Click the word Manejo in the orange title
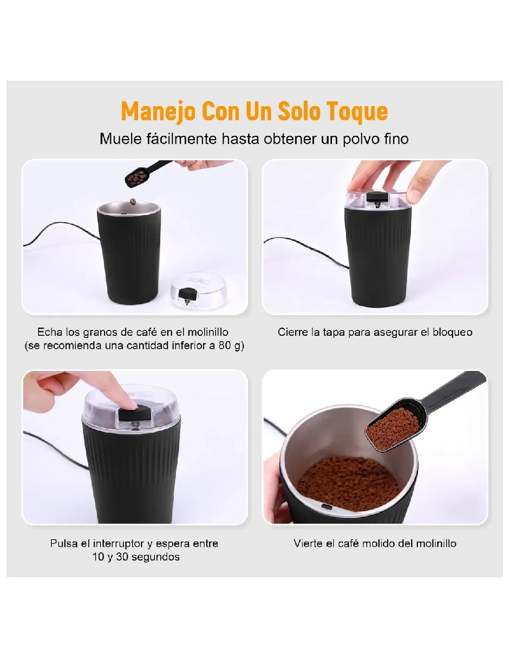click(x=158, y=112)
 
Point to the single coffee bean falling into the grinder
click(x=133, y=201)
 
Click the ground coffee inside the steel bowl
click(x=348, y=484)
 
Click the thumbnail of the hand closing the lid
click(x=375, y=237)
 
